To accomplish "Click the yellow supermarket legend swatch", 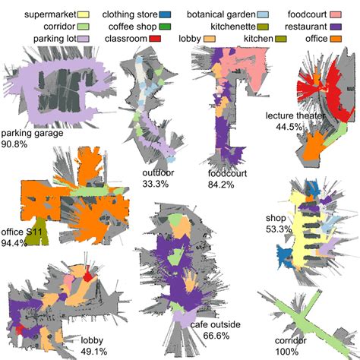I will coord(85,14).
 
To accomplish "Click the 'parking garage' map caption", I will coord(32,132).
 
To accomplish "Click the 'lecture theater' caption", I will coord(295,116).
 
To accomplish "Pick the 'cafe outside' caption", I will coord(215,325).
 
